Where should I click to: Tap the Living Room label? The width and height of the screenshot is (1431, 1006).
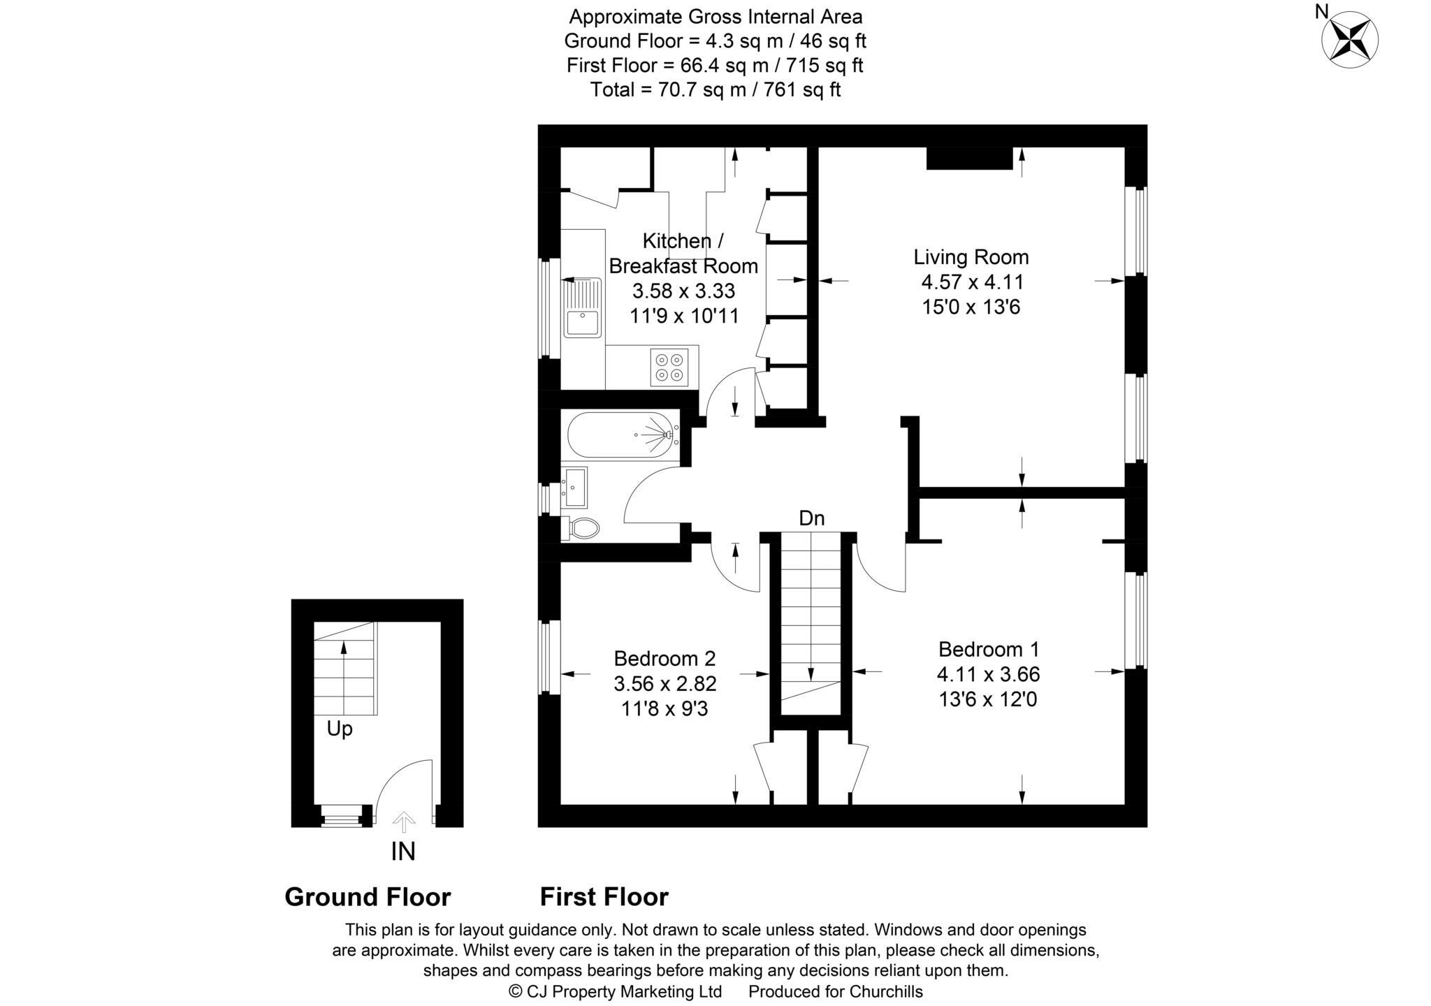click(971, 257)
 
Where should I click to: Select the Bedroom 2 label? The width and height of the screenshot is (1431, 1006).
click(664, 658)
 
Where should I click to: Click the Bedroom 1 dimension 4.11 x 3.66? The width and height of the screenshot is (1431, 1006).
click(988, 674)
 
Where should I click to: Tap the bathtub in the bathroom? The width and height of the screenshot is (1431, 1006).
click(620, 435)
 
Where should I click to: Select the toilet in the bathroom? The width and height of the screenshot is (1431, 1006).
click(582, 527)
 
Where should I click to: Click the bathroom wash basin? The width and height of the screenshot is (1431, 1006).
click(575, 487)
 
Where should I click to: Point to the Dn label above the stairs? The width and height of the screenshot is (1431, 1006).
click(811, 518)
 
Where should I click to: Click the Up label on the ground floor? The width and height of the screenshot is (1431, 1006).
click(340, 729)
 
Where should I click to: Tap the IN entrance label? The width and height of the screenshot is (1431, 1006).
click(403, 852)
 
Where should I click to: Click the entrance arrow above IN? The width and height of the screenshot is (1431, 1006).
click(403, 822)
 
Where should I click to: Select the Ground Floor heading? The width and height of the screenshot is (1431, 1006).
click(368, 897)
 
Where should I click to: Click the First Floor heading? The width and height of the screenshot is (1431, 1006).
click(604, 897)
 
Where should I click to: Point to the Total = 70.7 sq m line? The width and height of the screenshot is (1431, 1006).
click(715, 89)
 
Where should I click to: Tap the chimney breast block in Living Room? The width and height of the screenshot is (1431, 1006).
click(969, 158)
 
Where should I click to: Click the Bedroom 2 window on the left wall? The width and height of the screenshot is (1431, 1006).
click(549, 657)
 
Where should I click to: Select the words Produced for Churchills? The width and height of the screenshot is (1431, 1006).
click(835, 991)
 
